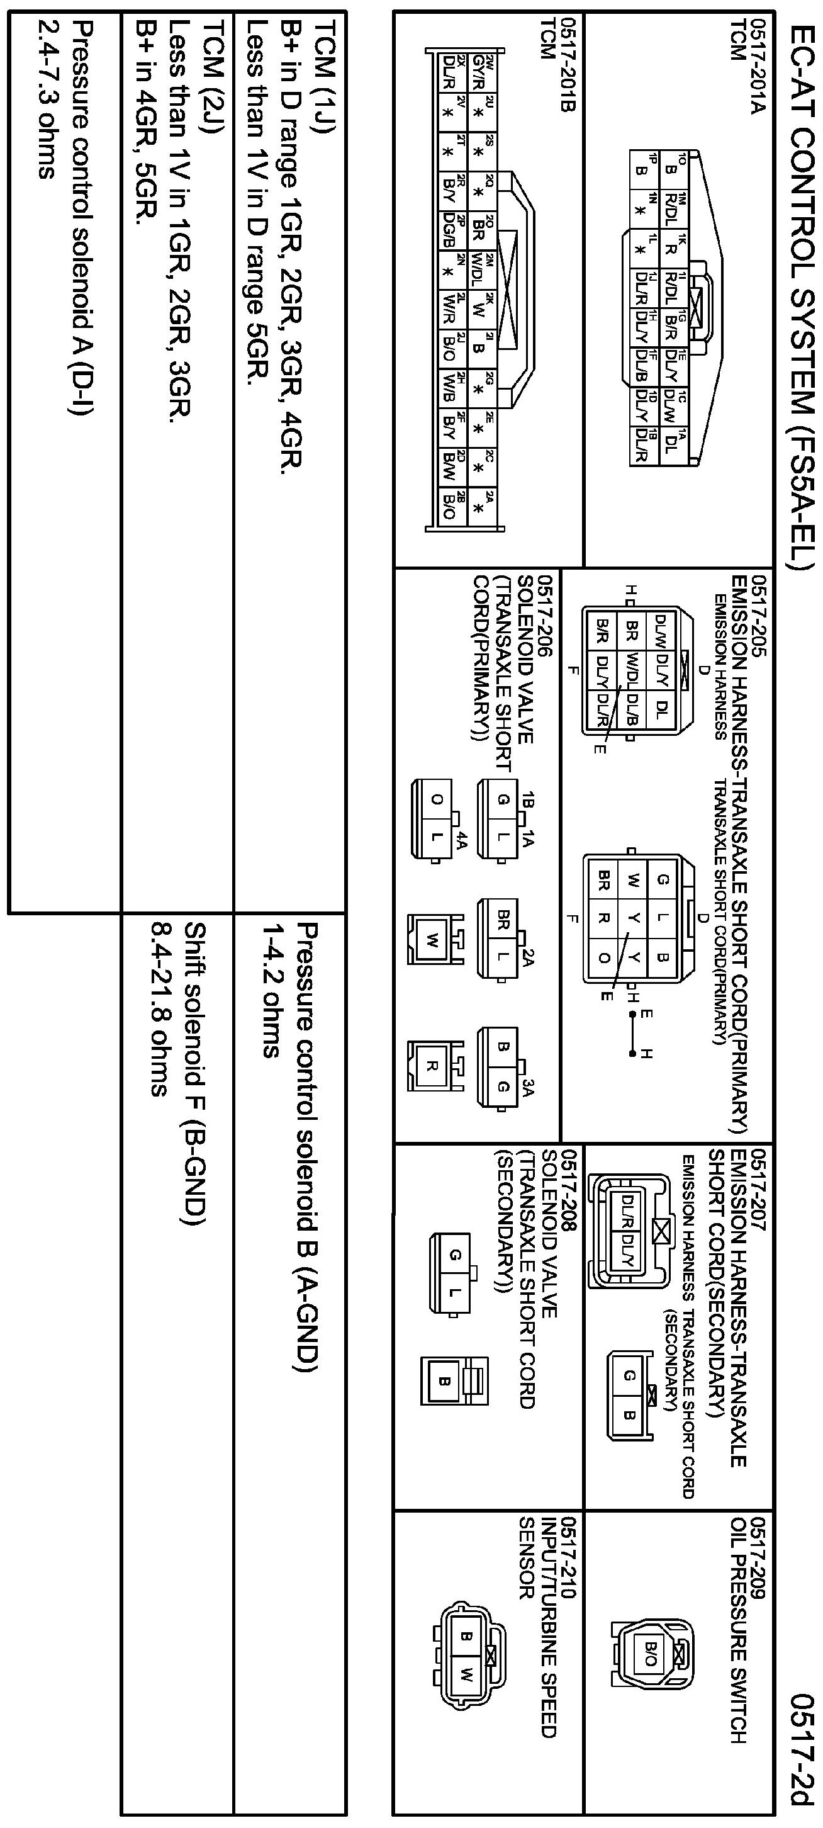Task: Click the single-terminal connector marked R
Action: tap(430, 1065)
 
